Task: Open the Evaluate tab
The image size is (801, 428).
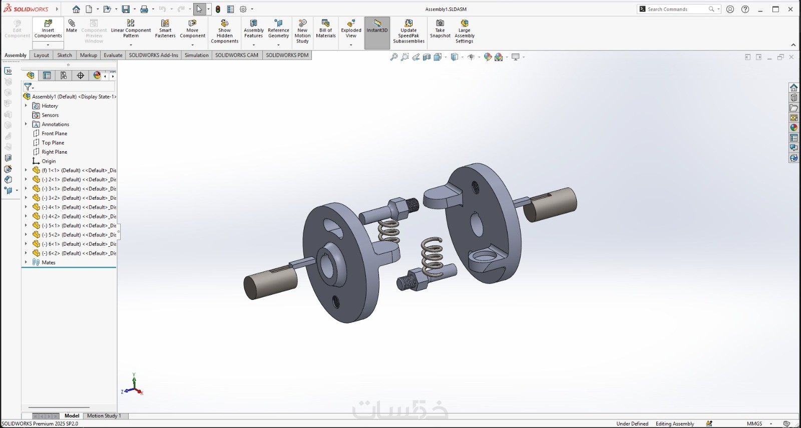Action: [x=113, y=55]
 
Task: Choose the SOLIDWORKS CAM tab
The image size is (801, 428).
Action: [x=237, y=55]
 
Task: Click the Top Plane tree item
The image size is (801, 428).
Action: [x=53, y=143]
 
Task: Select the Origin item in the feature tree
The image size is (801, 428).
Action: [x=49, y=161]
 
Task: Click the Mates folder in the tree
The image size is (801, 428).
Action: [x=48, y=262]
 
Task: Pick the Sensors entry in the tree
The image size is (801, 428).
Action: [x=50, y=115]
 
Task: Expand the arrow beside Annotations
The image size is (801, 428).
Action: [x=26, y=124]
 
